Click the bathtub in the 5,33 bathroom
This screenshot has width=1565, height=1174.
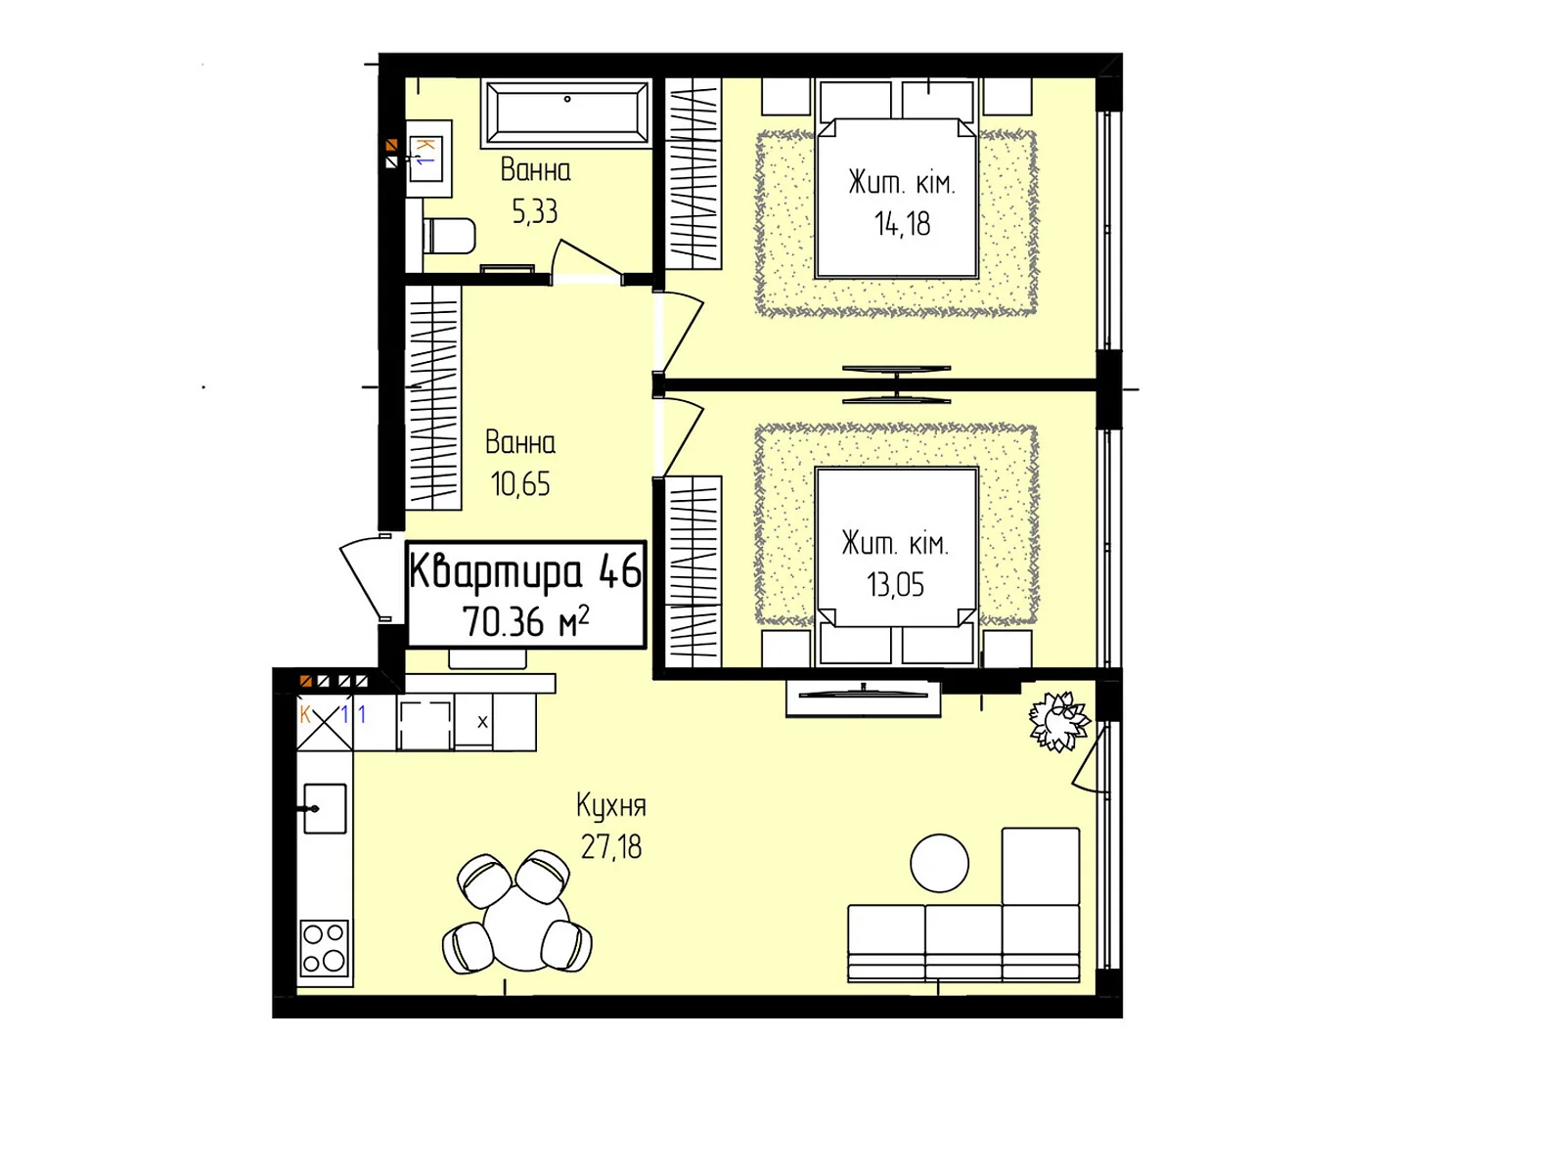[566, 113]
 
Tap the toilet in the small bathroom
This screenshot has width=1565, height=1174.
[448, 235]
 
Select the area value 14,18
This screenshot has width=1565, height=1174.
[902, 224]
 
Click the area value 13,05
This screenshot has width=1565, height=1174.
[895, 584]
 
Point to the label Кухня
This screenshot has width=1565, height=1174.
[611, 806]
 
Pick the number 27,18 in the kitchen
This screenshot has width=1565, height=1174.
[611, 847]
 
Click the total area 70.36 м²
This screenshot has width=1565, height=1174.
[526, 621]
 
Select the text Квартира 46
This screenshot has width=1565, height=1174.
[525, 572]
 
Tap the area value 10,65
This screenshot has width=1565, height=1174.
[520, 484]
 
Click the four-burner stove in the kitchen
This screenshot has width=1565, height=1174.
[325, 948]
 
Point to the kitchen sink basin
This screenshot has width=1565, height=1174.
[325, 809]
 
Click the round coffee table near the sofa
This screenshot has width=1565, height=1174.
[939, 863]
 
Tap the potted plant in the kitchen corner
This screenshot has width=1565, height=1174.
[1058, 721]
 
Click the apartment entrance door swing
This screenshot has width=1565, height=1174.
[367, 576]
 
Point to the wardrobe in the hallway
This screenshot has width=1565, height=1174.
[432, 398]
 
